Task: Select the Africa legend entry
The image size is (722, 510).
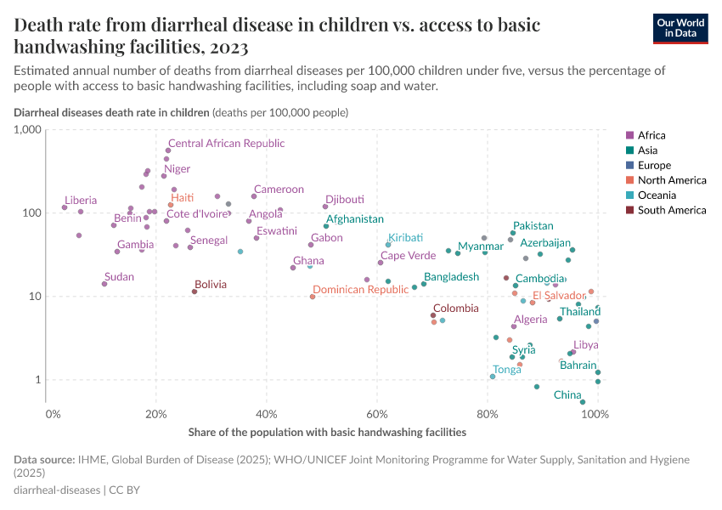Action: pos(651,135)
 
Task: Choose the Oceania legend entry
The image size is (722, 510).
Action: pos(657,195)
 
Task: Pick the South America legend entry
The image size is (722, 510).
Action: pos(670,210)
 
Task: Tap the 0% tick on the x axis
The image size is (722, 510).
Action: pos(54,415)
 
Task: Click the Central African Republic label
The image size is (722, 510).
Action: pos(226,143)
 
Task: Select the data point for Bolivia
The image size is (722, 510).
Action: pos(195,292)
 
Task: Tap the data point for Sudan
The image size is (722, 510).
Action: pos(104,284)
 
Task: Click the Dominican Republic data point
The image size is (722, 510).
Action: pos(313,297)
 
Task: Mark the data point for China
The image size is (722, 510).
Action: pos(583,402)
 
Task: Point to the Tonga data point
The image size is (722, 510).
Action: pos(493,377)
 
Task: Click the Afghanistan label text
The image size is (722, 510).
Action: pos(354,218)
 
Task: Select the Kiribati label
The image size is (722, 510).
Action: pos(404,237)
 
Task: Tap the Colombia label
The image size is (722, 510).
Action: pos(455,309)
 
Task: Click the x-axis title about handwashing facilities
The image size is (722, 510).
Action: pos(327,432)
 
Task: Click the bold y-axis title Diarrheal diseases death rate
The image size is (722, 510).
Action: pos(111,112)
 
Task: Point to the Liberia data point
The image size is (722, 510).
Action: pos(65,207)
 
